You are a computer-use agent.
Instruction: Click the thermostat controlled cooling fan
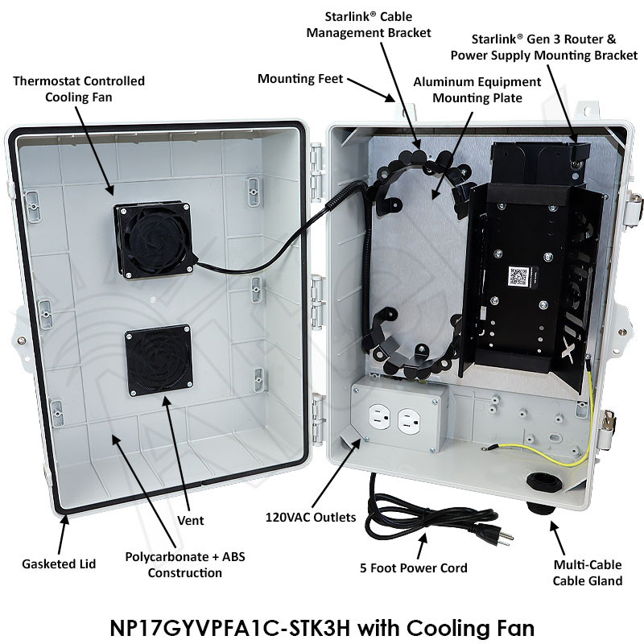pos(154,239)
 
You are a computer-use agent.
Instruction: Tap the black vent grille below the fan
pos(159,360)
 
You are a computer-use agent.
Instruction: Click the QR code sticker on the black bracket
pos(519,276)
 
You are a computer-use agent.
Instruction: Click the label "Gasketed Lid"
pos(59,564)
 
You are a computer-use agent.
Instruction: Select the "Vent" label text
pos(190,520)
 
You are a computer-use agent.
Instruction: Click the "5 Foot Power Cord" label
pos(414,568)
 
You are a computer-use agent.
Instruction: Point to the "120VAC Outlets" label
pos(311,517)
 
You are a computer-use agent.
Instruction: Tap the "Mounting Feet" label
pos(300,78)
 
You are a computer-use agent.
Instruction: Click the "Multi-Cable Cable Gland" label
pos(588,572)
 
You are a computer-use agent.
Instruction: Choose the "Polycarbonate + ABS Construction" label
pos(185,565)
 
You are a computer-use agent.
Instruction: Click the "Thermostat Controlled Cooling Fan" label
pos(79,89)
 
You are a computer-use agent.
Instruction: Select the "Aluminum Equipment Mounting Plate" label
pos(477,90)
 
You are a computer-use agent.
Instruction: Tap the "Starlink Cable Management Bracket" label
pos(369,25)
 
